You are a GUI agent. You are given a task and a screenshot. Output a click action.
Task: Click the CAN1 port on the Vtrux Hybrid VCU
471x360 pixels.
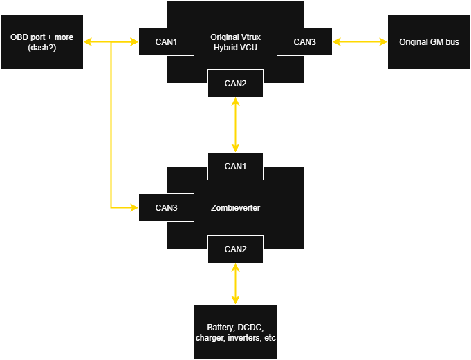tap(166, 41)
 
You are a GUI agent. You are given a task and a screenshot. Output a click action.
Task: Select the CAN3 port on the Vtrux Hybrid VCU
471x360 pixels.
tap(304, 41)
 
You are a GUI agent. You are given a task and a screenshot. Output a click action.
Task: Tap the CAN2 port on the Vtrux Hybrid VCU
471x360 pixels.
tap(235, 83)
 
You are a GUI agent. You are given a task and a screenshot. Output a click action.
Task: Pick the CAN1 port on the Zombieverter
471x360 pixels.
tap(235, 166)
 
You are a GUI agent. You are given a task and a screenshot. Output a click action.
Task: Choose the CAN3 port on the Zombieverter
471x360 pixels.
tap(166, 207)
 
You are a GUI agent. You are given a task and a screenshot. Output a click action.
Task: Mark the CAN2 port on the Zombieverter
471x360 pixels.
tap(235, 249)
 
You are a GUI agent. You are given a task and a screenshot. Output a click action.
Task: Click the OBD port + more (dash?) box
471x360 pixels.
tap(41, 41)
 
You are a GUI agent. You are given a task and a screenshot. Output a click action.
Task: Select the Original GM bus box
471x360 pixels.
tap(429, 41)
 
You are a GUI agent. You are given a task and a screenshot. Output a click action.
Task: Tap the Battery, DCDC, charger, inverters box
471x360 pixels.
tap(235, 332)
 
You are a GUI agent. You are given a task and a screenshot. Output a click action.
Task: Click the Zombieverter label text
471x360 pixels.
tap(235, 207)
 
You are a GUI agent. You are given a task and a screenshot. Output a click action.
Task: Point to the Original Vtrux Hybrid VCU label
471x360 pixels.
tap(235, 41)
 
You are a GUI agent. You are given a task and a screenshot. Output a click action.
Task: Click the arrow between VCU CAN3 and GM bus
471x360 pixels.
tap(360, 41)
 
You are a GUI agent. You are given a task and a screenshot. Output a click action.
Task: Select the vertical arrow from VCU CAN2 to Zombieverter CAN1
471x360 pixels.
tap(236, 124)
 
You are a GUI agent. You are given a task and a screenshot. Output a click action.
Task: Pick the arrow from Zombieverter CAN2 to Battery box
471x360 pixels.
tap(236, 283)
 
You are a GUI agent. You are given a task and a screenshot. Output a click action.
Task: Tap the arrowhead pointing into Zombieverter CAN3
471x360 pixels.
tap(133, 207)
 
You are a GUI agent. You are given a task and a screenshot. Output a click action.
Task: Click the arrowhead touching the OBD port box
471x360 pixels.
tap(89, 42)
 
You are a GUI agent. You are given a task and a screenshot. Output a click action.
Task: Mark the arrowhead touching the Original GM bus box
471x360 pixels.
tap(382, 42)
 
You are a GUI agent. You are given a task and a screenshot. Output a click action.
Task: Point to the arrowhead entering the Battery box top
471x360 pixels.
tap(236, 299)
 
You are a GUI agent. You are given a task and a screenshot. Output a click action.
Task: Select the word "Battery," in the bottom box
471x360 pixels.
tap(221, 327)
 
